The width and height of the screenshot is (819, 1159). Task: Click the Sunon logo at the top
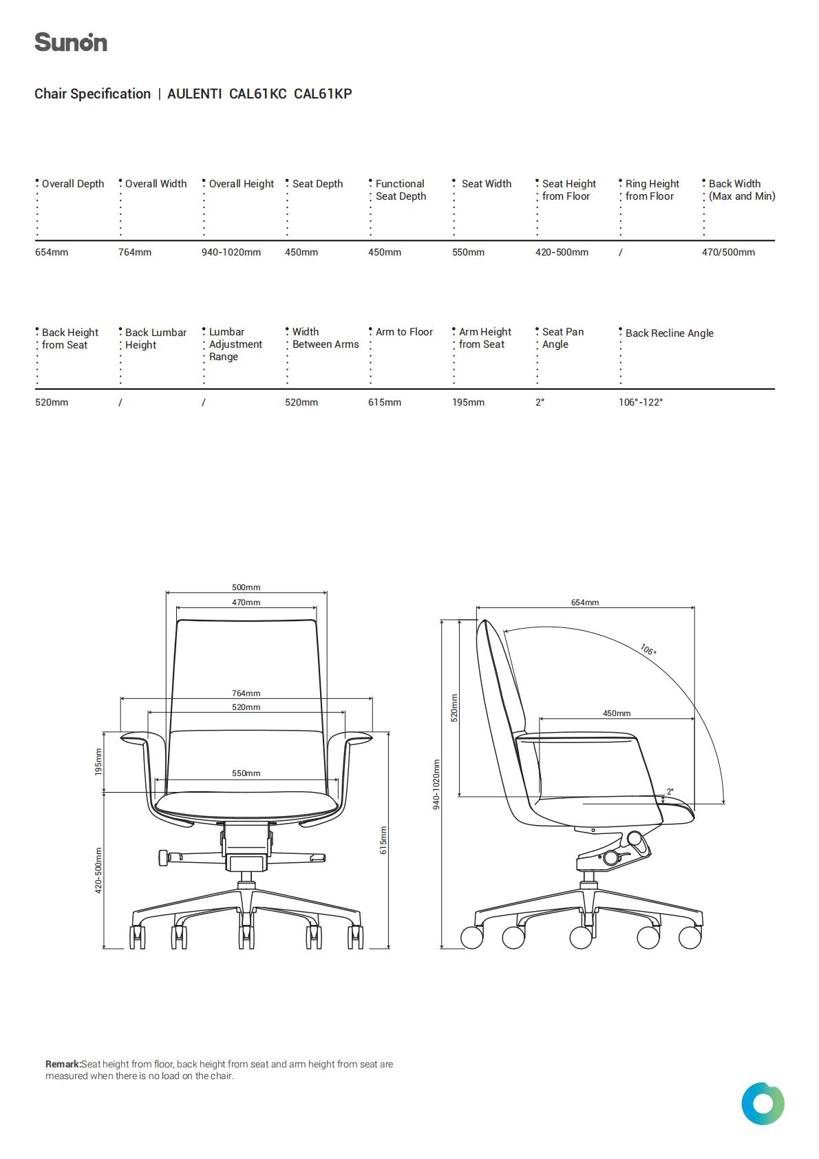click(x=71, y=42)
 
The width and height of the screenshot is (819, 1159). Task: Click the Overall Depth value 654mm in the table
click(x=52, y=253)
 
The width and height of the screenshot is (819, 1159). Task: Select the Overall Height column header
click(x=241, y=184)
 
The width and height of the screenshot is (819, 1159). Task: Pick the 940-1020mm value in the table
click(x=231, y=253)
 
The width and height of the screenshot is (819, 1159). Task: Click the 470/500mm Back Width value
click(x=728, y=253)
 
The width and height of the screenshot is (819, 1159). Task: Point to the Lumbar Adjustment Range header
click(x=235, y=344)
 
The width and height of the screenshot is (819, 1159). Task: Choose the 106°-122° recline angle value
click(x=641, y=402)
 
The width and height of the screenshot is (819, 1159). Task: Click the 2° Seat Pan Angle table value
click(x=540, y=402)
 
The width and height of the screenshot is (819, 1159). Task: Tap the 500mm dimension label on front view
click(x=246, y=587)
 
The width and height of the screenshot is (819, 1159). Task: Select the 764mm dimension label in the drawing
click(x=246, y=693)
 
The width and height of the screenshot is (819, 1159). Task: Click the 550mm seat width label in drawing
click(x=246, y=773)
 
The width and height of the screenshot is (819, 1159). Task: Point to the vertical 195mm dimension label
click(x=98, y=762)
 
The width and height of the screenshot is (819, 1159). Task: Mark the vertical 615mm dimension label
click(x=383, y=840)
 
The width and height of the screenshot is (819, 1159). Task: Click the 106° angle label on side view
click(x=648, y=649)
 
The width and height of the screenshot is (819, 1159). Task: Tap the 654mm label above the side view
click(x=585, y=603)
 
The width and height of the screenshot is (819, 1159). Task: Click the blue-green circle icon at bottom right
click(x=763, y=1104)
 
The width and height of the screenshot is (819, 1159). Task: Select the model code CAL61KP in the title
click(x=323, y=94)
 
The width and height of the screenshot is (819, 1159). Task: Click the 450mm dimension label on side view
click(x=617, y=713)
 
